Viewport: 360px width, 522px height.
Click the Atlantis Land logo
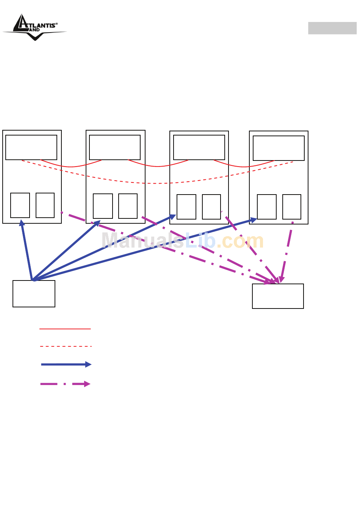(x=35, y=27)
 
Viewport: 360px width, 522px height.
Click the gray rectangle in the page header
(x=332, y=28)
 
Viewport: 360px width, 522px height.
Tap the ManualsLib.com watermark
(x=182, y=241)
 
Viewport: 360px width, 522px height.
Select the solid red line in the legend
(x=65, y=329)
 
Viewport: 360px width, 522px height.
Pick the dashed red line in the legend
(x=66, y=346)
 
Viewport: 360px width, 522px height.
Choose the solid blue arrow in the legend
(x=66, y=365)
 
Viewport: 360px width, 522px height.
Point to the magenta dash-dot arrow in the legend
(x=65, y=384)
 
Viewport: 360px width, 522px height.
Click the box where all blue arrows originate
(x=34, y=294)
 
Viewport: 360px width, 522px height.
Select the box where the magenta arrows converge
(x=278, y=296)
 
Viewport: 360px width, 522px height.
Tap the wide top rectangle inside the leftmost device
(x=31, y=147)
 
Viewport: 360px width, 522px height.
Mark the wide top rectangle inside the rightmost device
(x=279, y=148)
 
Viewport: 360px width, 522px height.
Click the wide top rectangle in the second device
(x=115, y=147)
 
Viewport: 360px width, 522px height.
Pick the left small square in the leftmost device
(x=20, y=205)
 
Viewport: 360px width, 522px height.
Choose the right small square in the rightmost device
(x=292, y=207)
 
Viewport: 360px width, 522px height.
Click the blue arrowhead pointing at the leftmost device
(x=22, y=223)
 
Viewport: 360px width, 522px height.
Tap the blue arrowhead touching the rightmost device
(x=253, y=220)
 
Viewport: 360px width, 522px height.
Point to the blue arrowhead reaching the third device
(x=172, y=217)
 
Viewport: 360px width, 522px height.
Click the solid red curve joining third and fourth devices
(x=244, y=166)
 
